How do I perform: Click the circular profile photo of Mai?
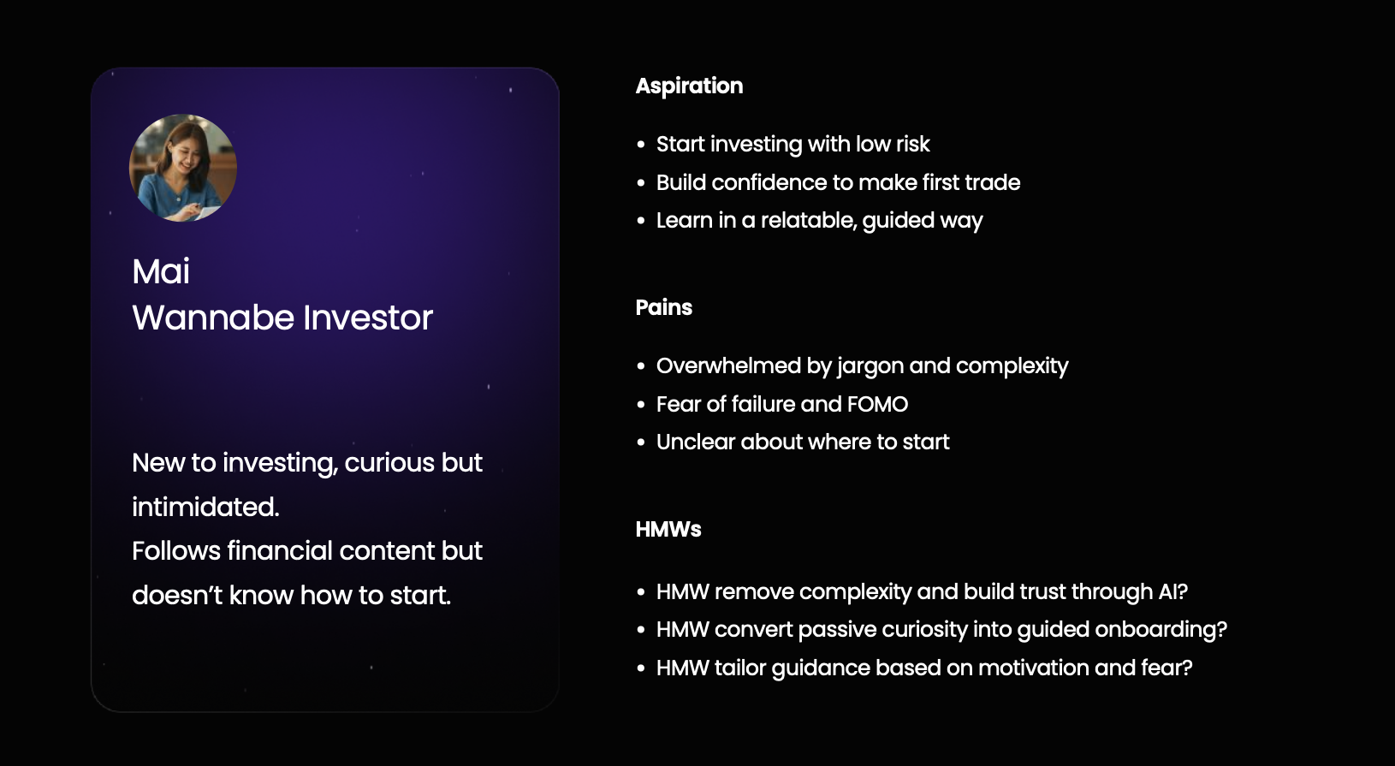pos(182,168)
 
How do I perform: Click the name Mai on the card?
pos(161,271)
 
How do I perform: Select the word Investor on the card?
pos(368,318)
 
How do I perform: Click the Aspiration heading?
pos(690,86)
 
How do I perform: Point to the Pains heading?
pos(664,307)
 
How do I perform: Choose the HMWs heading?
pos(668,529)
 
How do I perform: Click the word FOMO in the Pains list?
pos(877,404)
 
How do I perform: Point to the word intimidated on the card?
pos(204,507)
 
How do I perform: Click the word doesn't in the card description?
pos(177,596)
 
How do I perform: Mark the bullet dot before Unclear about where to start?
pos(641,442)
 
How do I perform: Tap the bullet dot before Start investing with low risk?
pos(641,145)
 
